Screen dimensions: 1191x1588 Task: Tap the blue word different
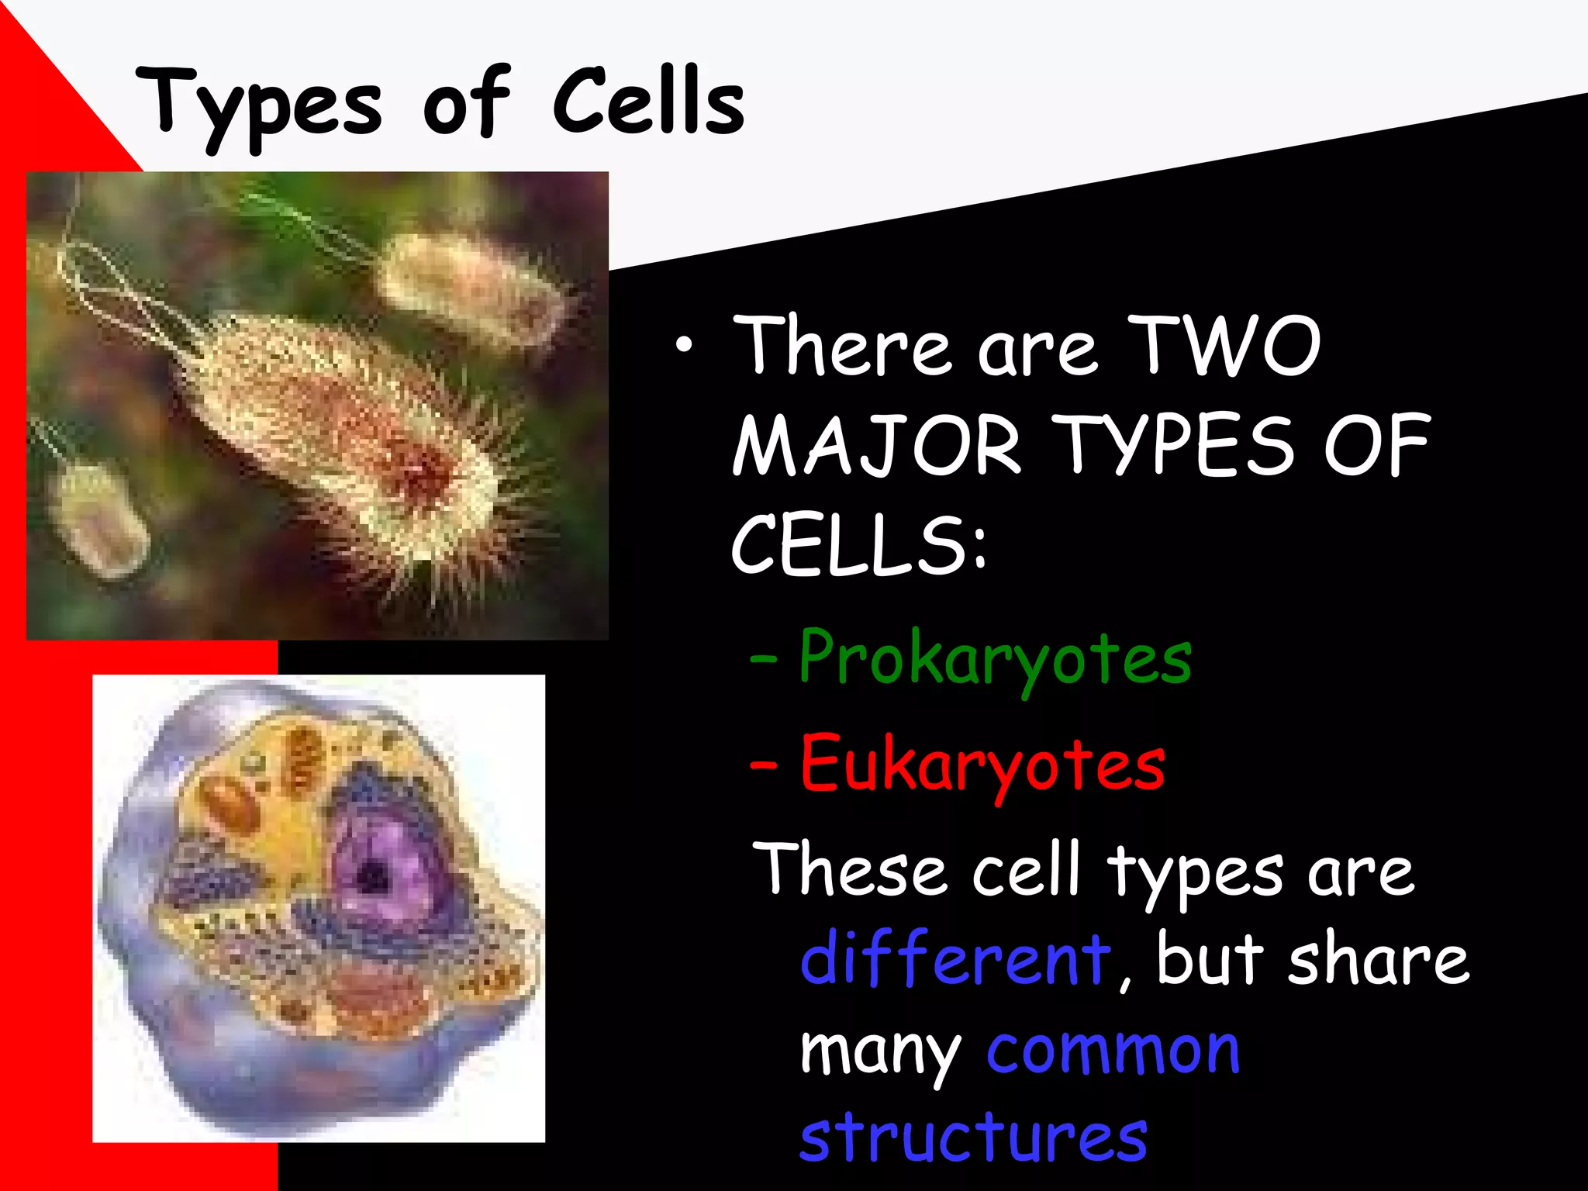[x=955, y=958]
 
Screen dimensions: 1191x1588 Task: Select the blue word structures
[x=973, y=1137]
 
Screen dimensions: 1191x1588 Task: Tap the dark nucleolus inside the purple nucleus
[x=374, y=878]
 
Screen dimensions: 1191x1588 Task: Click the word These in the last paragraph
[x=849, y=869]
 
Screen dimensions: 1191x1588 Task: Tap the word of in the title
[x=465, y=105]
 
